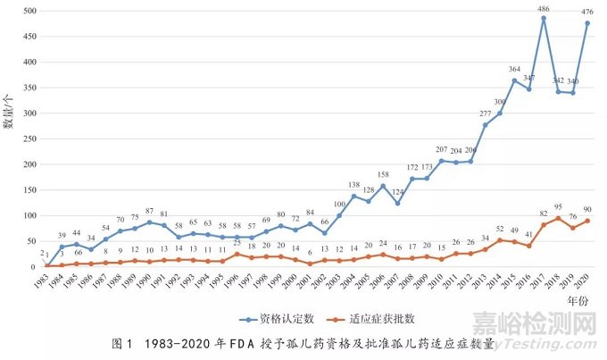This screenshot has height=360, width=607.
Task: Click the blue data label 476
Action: tap(587, 13)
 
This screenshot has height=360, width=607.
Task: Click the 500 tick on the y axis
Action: tap(31, 11)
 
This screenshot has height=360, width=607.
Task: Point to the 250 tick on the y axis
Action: tap(31, 139)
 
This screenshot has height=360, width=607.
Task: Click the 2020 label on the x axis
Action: tap(582, 282)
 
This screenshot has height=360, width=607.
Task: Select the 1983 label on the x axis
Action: tap(41, 282)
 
